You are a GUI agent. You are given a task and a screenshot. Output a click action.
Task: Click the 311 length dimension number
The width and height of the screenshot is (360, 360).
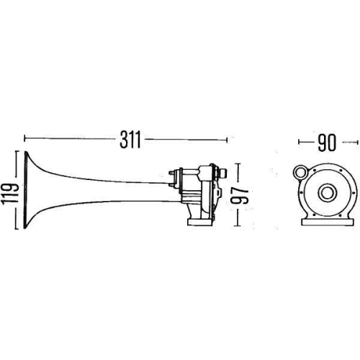(x=130, y=140)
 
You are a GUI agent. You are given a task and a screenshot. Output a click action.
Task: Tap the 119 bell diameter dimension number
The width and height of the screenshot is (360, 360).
(x=10, y=194)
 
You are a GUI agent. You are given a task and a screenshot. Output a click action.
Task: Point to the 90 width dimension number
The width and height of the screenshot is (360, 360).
(x=326, y=143)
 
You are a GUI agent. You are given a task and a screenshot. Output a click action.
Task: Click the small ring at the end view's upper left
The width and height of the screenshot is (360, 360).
(x=300, y=172)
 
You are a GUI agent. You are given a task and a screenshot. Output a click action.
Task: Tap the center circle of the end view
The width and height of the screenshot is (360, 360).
(x=327, y=192)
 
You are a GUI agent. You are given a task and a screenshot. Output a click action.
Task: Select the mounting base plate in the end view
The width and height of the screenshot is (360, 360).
(x=328, y=222)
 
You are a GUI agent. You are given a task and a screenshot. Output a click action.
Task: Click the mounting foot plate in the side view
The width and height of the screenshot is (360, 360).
(x=201, y=222)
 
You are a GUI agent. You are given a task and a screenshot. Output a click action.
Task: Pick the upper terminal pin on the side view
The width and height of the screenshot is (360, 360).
(x=171, y=172)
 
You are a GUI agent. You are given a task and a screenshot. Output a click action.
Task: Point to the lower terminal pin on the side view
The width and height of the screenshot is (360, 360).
(x=171, y=185)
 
